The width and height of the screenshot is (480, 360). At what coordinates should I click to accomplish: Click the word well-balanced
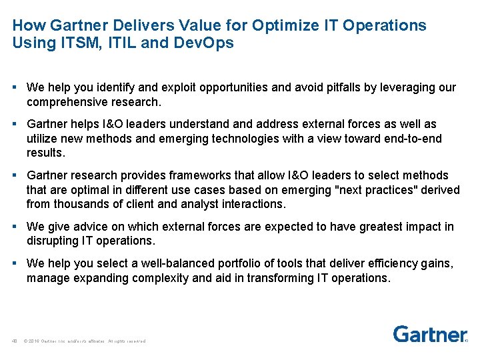pyautogui.click(x=172, y=263)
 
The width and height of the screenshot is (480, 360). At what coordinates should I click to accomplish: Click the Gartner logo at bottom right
pyautogui.click(x=429, y=333)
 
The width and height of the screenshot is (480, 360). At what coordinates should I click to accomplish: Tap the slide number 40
pyautogui.click(x=14, y=341)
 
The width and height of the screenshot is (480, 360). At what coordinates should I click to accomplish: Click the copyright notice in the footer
pyautogui.click(x=84, y=341)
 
